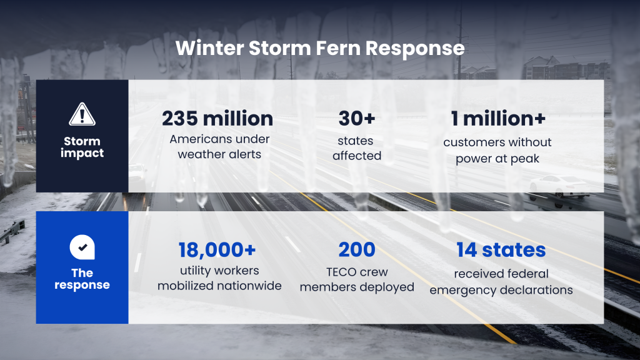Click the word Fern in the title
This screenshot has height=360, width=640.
(337, 48)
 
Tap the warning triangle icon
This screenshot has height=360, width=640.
(82, 115)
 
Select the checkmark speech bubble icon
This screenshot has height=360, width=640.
(82, 247)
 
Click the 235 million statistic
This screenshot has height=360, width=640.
(217, 118)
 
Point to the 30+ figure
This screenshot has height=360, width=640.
(357, 118)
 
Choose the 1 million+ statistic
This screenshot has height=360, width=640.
(498, 118)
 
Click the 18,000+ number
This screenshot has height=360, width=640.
(217, 250)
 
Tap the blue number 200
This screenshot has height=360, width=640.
(357, 250)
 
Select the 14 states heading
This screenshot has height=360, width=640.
(501, 250)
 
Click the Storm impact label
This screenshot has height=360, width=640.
(82, 147)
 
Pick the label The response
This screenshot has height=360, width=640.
(82, 279)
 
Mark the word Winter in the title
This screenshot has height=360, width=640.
(210, 48)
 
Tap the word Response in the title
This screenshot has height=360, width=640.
(415, 49)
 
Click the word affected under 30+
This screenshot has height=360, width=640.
(357, 156)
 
